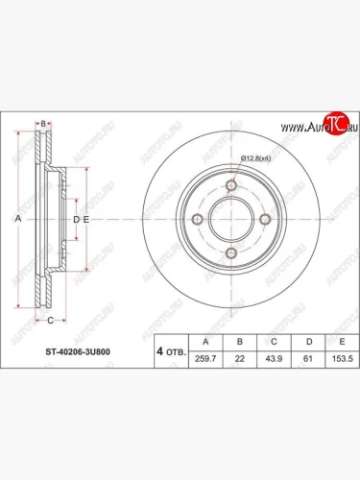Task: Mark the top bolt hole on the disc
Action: tap(230, 186)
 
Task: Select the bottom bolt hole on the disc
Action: tap(230, 253)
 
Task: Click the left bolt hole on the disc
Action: tap(197, 220)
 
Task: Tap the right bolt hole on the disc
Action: tap(264, 220)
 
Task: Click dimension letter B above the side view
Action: tap(43, 124)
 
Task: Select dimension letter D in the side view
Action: tap(77, 220)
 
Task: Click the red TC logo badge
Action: tap(333, 121)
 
